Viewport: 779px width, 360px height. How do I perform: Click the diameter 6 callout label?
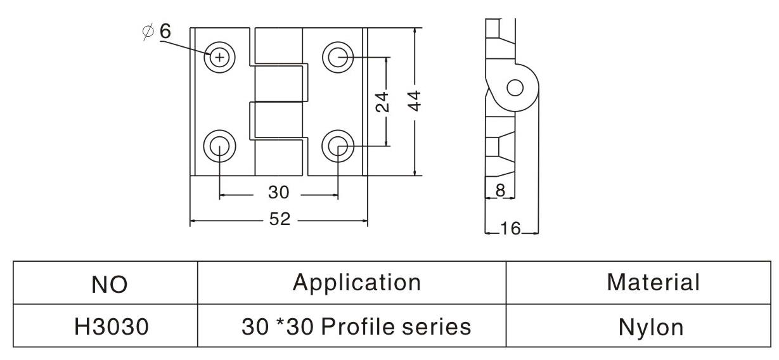tap(157, 31)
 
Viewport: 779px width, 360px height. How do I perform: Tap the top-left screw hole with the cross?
tap(219, 58)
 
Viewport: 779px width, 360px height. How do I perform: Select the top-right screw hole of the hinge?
tap(337, 58)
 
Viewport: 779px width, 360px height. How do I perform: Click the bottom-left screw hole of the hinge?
tap(219, 146)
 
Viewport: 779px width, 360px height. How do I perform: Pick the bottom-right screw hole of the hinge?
tap(337, 146)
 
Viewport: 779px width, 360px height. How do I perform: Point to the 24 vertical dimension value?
tap(383, 101)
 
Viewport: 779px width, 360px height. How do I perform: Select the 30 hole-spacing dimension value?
tap(278, 192)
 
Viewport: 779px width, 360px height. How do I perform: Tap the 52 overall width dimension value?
tap(280, 219)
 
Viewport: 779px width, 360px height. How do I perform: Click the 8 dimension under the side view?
tap(499, 190)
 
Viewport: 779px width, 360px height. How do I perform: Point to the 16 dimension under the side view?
tap(510, 228)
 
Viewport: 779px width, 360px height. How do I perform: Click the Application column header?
tap(356, 283)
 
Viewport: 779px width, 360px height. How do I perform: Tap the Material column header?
tap(653, 283)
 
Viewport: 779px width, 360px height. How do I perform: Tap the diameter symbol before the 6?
tap(148, 31)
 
